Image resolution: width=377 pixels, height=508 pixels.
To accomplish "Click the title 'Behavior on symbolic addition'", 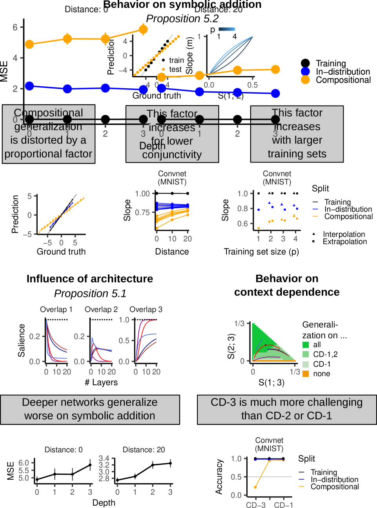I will click(x=182, y=5).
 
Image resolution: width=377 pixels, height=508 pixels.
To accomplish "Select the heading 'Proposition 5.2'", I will click(x=182, y=18).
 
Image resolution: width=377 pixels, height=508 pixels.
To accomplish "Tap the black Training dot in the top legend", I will click(x=305, y=63).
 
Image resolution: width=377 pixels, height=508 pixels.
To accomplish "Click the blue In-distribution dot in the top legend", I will click(x=305, y=71).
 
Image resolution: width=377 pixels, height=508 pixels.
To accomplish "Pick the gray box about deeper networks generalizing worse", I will click(x=90, y=410).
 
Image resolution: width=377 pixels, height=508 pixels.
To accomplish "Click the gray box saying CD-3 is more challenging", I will click(x=286, y=410).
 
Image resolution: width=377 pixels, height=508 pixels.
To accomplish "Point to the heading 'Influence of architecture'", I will click(x=89, y=279).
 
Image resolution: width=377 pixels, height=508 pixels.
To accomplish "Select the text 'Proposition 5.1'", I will click(x=90, y=293).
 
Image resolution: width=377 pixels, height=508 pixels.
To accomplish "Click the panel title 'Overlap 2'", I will click(x=101, y=310).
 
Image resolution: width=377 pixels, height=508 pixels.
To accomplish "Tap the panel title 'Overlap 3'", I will click(x=146, y=310).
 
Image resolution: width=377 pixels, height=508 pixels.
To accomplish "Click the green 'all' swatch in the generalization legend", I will click(x=306, y=345).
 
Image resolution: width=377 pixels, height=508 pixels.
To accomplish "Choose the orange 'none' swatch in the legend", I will click(x=306, y=374).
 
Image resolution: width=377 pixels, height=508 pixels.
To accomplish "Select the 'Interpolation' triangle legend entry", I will click(x=314, y=234).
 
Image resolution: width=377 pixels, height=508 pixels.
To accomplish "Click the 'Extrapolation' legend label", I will click(x=344, y=242).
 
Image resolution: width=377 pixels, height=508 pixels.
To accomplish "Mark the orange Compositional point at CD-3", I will click(x=255, y=487).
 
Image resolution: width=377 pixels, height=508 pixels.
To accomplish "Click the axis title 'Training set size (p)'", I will click(x=261, y=252).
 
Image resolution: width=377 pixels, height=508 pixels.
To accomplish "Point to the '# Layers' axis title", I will click(x=101, y=382).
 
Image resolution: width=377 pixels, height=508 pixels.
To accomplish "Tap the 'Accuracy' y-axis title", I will click(x=219, y=477).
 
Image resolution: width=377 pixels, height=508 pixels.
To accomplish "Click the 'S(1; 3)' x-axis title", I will click(x=271, y=382).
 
